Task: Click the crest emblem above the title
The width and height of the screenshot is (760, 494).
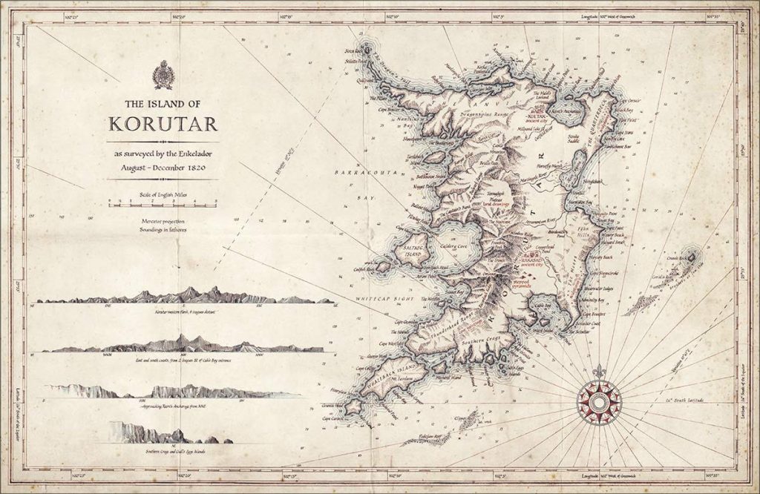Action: coord(163,75)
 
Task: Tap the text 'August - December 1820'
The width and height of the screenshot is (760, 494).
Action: coord(163,168)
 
